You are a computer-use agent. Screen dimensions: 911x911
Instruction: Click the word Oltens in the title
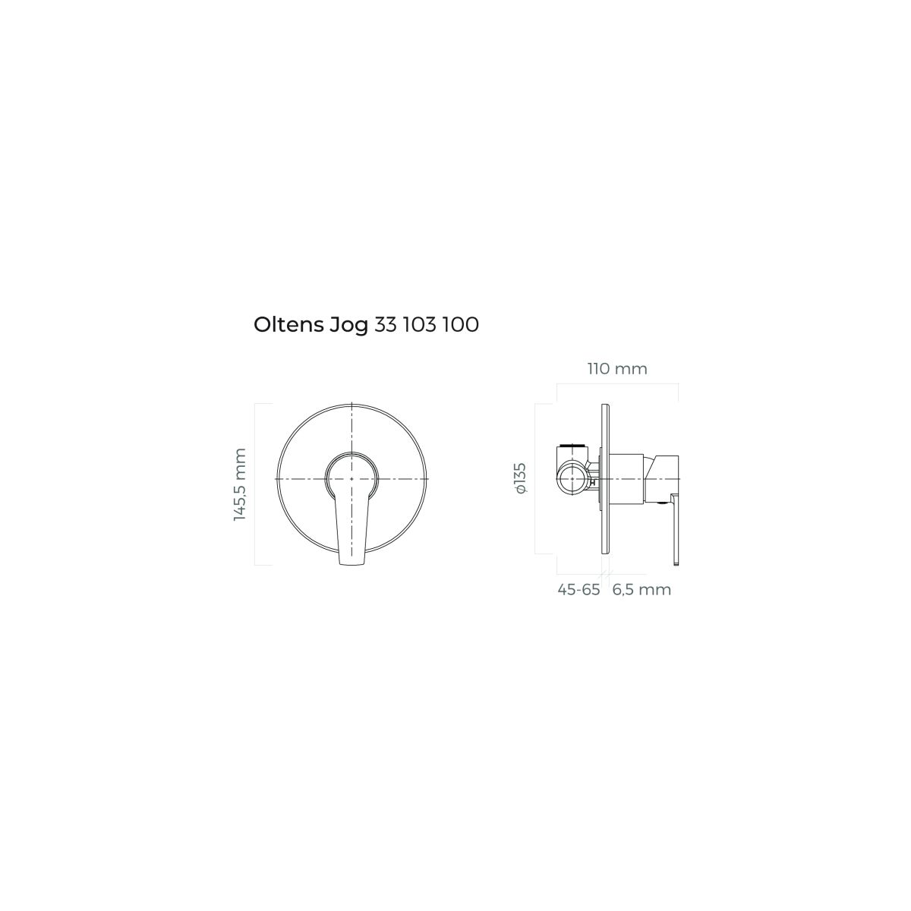tap(288, 325)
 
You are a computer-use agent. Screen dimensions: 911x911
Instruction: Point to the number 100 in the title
tap(461, 325)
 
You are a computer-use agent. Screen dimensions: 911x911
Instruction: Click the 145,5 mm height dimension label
tap(240, 484)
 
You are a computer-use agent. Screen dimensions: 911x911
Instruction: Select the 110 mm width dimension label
tap(617, 368)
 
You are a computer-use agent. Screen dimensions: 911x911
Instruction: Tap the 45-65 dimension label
tap(578, 590)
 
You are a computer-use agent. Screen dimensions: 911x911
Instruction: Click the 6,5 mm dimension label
tap(641, 590)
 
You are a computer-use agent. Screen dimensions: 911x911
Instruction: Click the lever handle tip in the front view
tap(351, 562)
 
